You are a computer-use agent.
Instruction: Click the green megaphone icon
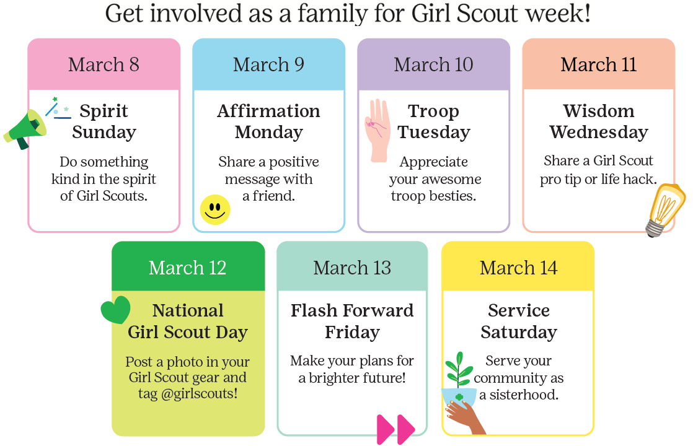(x=25, y=128)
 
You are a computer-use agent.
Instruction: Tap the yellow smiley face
(x=215, y=209)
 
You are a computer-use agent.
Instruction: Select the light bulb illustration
(x=665, y=209)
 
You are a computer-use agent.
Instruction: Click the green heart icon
(x=116, y=309)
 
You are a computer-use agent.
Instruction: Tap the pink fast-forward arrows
(x=395, y=429)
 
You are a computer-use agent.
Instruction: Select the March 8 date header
(x=104, y=65)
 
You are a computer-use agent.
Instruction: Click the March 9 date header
(x=268, y=65)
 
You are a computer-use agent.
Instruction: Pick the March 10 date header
(x=433, y=65)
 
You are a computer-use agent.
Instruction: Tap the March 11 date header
(x=598, y=65)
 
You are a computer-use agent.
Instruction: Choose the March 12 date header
(x=188, y=268)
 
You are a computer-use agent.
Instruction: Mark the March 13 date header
(x=352, y=268)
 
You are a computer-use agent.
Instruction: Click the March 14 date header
(x=518, y=268)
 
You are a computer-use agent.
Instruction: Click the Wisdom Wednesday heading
(x=598, y=121)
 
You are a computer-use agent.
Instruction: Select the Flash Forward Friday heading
(x=352, y=321)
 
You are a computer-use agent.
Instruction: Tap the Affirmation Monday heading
(x=268, y=121)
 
